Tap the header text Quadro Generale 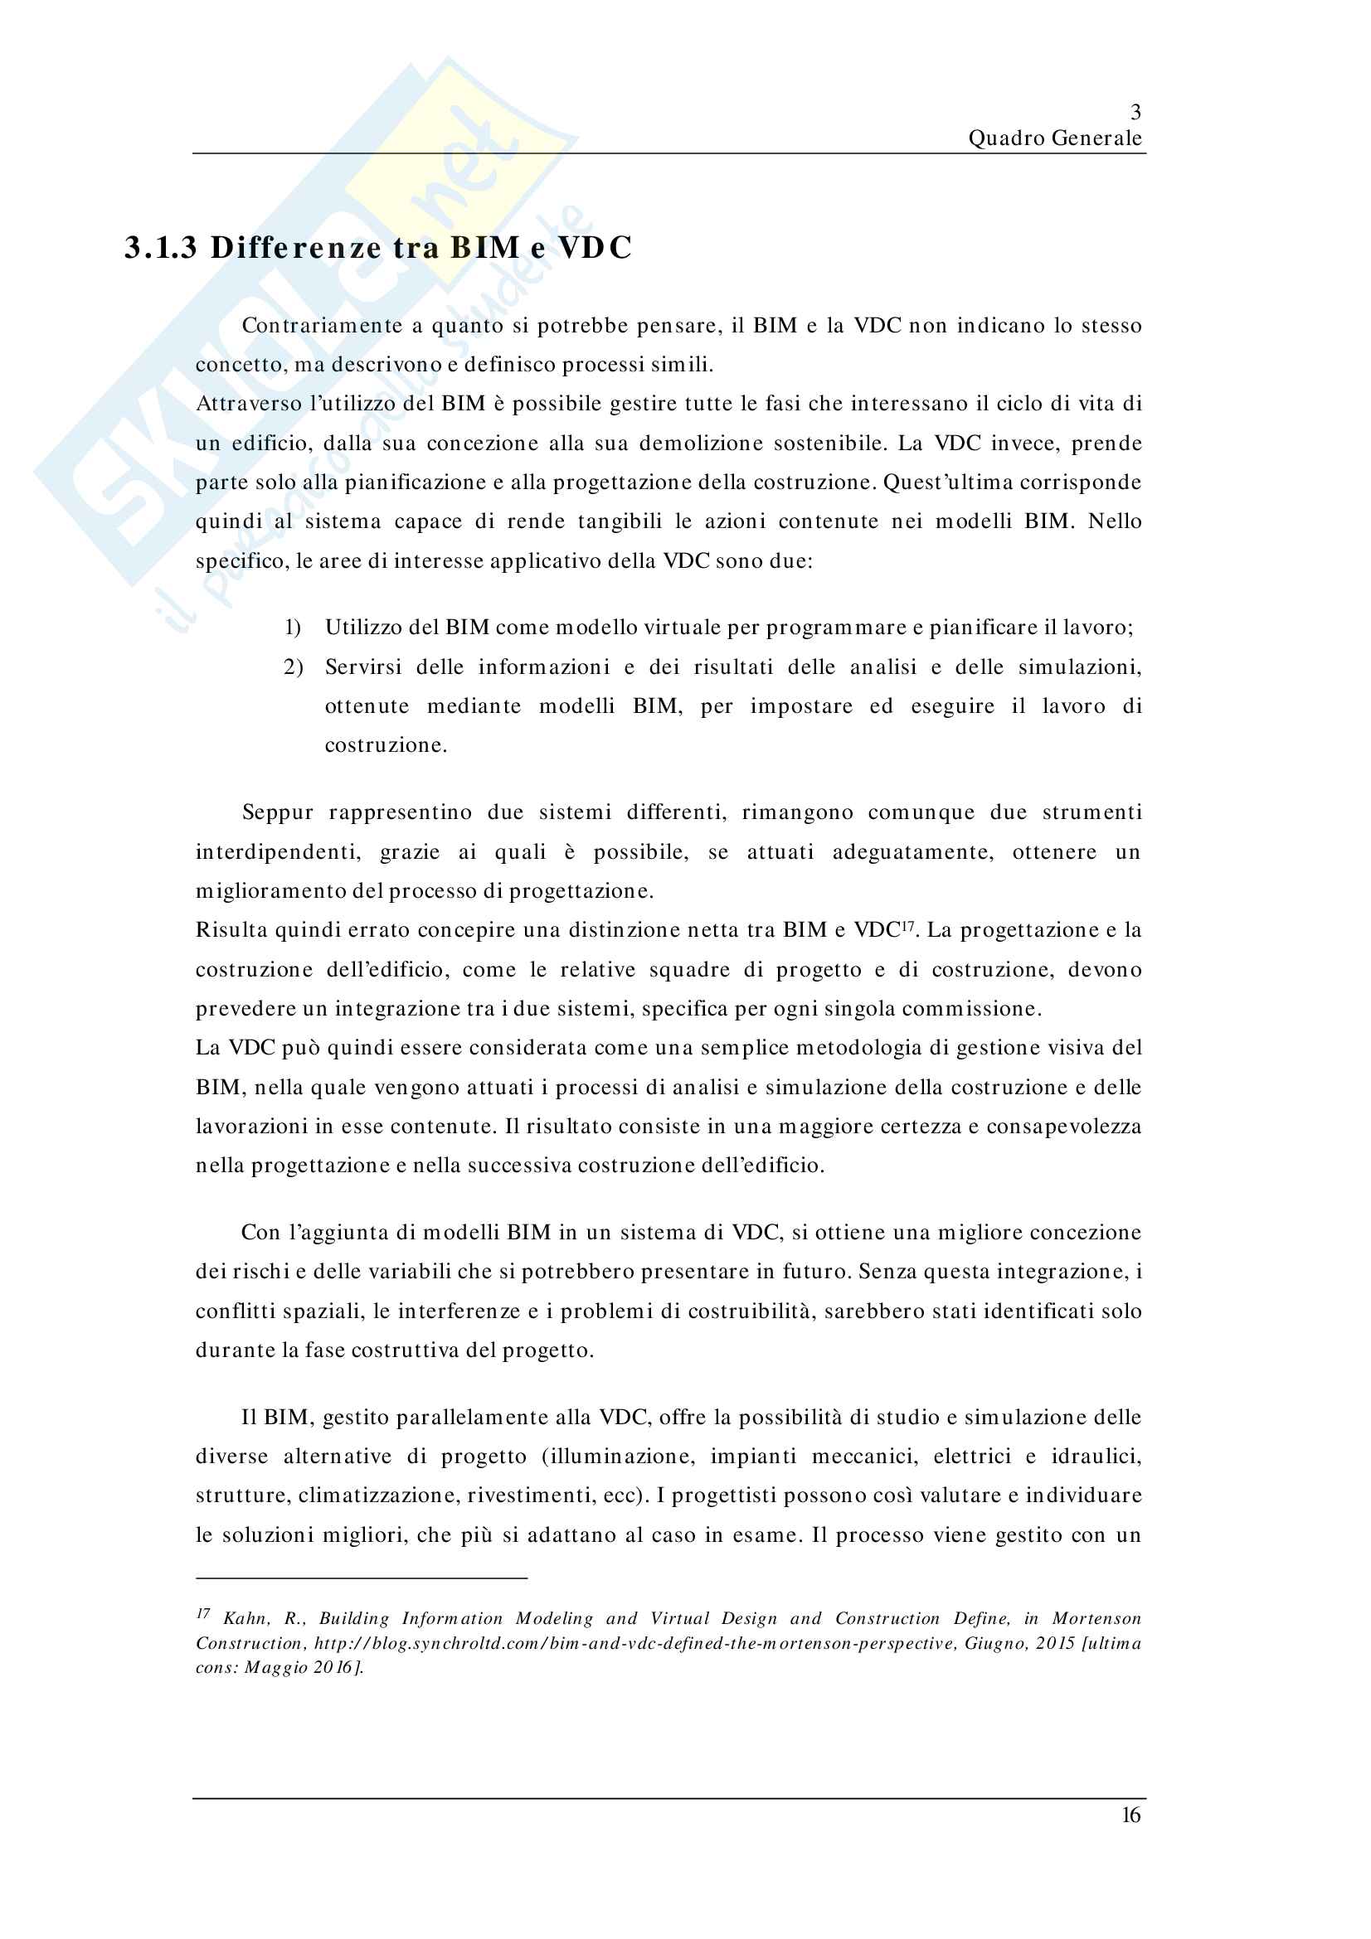coord(1054,138)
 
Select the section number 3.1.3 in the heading coord(161,247)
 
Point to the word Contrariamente coord(322,326)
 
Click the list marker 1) coord(292,628)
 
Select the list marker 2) coord(292,667)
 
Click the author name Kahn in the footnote coord(245,1619)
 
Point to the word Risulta coord(231,931)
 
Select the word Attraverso coord(248,404)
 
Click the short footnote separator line coord(362,1578)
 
